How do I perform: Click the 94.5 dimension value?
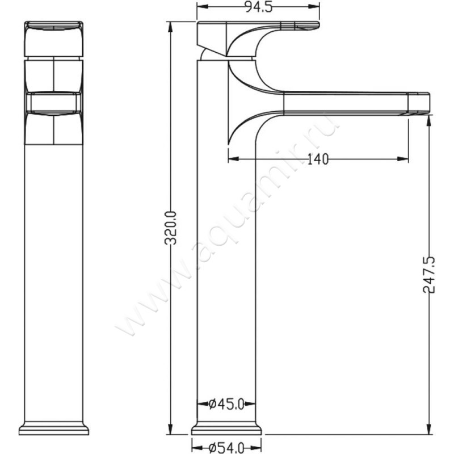259,7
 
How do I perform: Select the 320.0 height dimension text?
170,228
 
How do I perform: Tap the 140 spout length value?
318,159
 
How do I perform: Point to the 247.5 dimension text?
429,275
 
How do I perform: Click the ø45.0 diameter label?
226,404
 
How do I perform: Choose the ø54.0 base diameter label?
226,448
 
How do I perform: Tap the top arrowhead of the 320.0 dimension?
171,27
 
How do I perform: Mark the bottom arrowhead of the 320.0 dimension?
171,428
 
